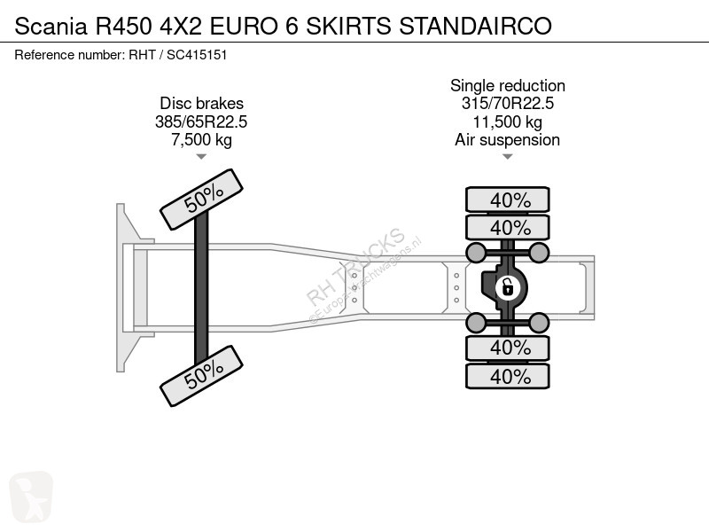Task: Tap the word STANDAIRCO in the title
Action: [476, 26]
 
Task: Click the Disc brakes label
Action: [201, 104]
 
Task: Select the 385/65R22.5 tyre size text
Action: [201, 121]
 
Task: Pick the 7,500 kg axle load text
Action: [201, 139]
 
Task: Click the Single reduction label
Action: [507, 86]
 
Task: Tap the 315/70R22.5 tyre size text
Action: [507, 104]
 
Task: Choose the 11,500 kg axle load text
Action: [507, 121]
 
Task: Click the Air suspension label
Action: [507, 139]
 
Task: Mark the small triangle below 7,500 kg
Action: [201, 157]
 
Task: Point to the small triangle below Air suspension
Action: [507, 157]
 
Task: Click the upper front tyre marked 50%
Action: [201, 200]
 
